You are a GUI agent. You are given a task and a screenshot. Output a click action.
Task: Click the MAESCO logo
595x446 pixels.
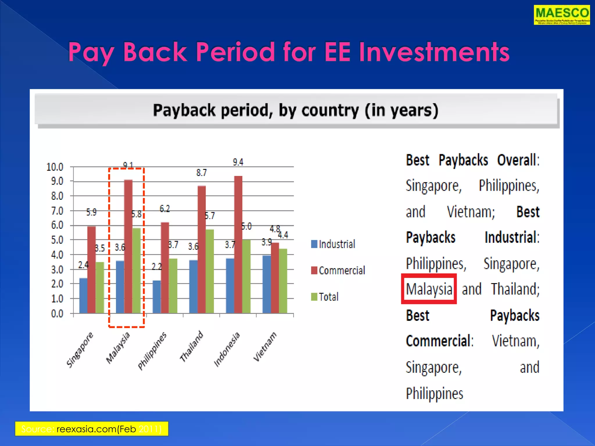[561, 15]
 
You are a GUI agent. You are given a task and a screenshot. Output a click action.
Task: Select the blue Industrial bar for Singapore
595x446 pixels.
[83, 295]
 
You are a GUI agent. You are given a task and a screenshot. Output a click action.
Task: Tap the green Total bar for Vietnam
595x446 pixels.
[283, 281]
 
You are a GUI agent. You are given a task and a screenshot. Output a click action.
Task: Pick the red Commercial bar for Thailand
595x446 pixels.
[202, 249]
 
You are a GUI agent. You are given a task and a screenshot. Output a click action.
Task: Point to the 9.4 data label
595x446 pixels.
[238, 162]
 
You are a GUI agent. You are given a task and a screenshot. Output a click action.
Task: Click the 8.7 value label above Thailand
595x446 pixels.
[201, 173]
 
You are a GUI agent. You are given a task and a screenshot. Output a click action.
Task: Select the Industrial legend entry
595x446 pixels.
[333, 244]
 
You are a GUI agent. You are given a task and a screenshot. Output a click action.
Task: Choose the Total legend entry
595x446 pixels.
[325, 297]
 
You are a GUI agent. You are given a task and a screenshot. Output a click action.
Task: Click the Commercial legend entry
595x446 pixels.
[338, 270]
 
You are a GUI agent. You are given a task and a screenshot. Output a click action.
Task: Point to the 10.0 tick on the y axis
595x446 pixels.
[55, 167]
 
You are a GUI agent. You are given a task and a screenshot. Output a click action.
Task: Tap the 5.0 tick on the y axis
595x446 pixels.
[57, 240]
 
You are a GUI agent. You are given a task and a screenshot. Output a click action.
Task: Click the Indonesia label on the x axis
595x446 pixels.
[227, 349]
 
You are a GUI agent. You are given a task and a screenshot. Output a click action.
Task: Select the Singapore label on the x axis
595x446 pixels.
[80, 350]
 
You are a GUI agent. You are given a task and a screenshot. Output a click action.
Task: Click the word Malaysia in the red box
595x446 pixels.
[429, 289]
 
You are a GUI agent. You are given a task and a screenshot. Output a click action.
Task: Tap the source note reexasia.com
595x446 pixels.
[91, 429]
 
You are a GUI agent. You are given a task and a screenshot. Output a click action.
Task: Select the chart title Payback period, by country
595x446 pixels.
[295, 110]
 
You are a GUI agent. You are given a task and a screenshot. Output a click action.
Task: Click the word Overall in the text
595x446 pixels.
[518, 160]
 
